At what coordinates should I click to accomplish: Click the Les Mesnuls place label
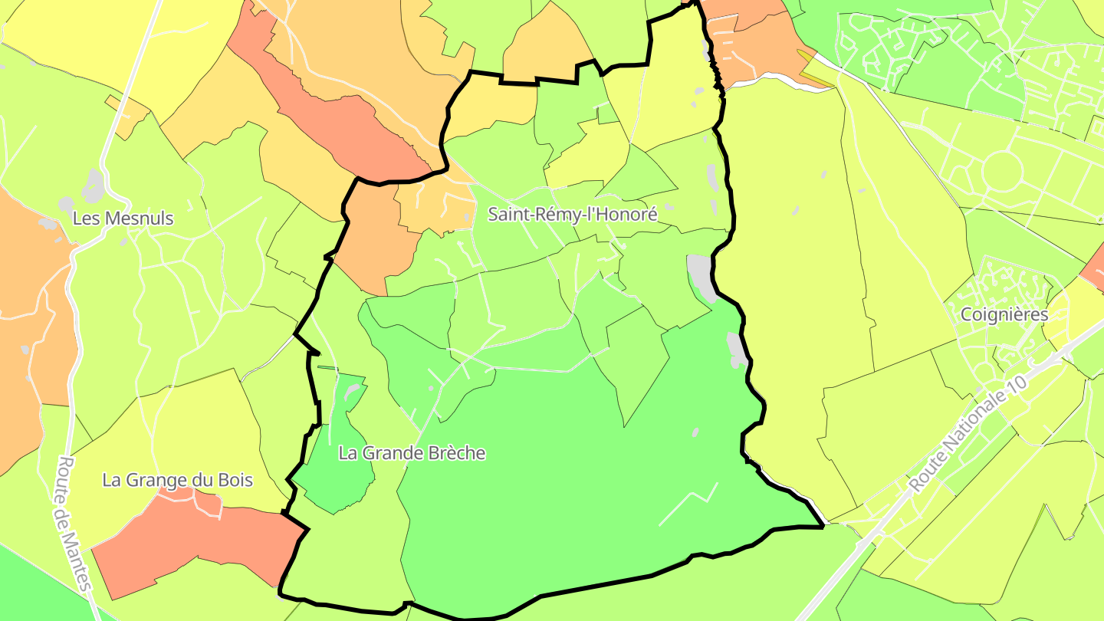(123, 219)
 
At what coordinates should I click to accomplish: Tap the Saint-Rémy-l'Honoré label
(573, 215)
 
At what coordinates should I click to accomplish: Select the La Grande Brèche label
(412, 453)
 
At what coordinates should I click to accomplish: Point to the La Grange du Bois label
(178, 481)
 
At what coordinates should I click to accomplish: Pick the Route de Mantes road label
(75, 524)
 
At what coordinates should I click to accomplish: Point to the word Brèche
(452, 453)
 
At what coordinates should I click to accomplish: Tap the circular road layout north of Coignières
(1003, 170)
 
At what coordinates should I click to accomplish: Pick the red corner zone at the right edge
(1095, 264)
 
